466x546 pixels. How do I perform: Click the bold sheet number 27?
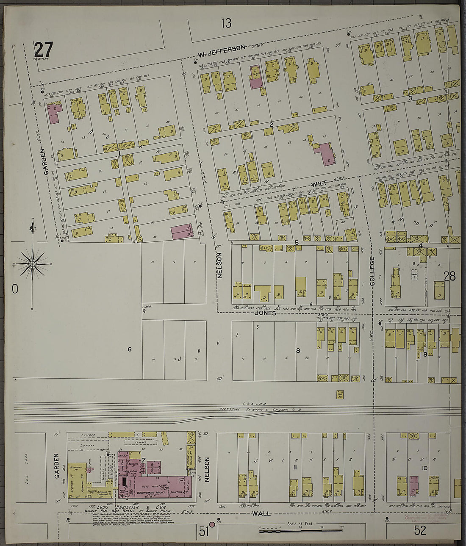pyautogui.click(x=43, y=50)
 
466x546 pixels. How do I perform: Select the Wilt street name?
pyautogui.click(x=319, y=184)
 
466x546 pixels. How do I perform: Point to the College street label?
pyautogui.click(x=372, y=272)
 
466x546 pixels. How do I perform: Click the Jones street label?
pyautogui.click(x=266, y=313)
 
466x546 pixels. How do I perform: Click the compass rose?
pyautogui.click(x=33, y=264)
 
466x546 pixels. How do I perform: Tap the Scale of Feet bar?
pyautogui.click(x=301, y=530)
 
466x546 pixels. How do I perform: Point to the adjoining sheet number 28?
pyautogui.click(x=449, y=276)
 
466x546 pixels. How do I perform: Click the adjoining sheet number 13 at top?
pyautogui.click(x=226, y=23)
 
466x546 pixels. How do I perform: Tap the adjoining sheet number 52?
pyautogui.click(x=420, y=530)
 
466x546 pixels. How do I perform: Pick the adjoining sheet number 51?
pyautogui.click(x=204, y=531)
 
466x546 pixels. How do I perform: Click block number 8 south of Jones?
pyautogui.click(x=298, y=350)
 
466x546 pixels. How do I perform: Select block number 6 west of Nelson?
pyautogui.click(x=130, y=349)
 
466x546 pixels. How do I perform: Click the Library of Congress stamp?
pyautogui.click(x=419, y=519)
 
